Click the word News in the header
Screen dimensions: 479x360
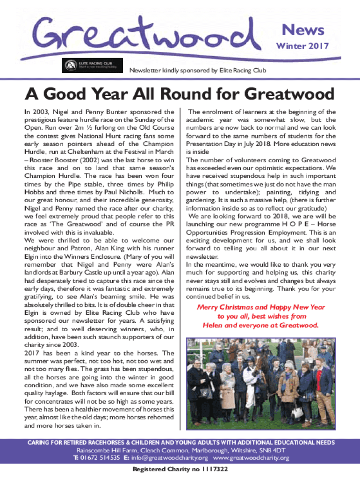tap(302, 30)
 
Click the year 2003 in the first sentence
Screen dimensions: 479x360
tap(38, 112)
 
